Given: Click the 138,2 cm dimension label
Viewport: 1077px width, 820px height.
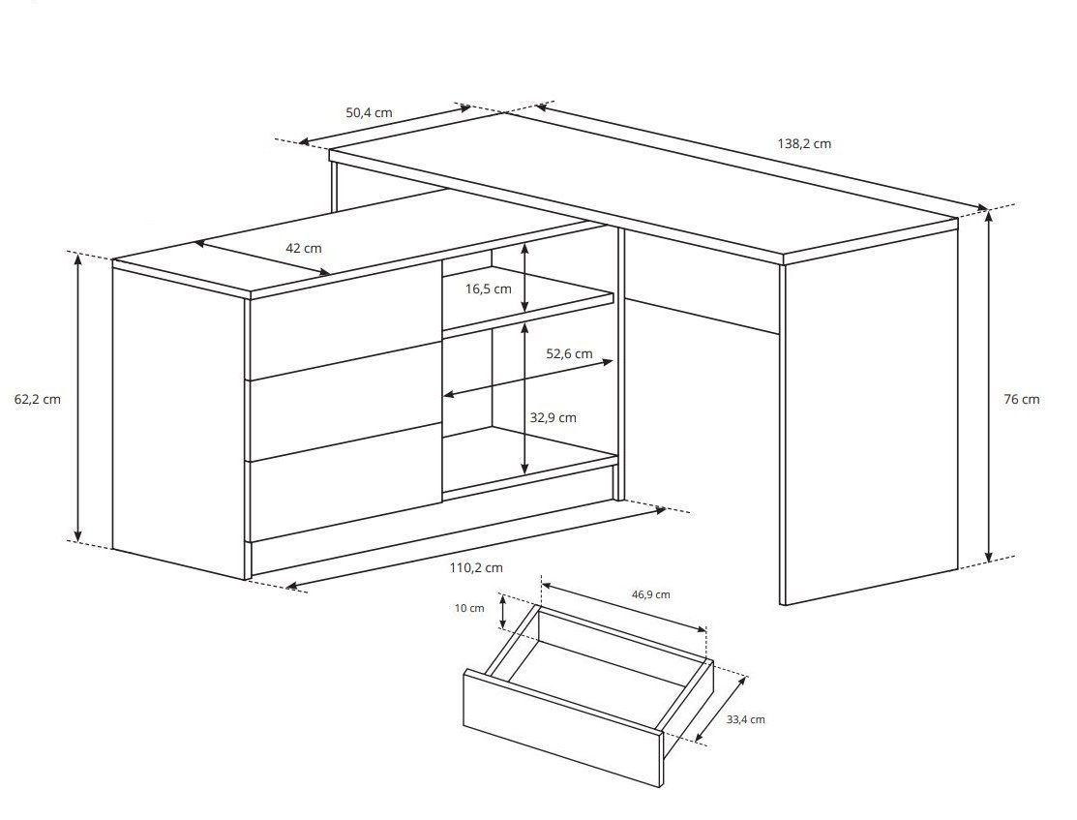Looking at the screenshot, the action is coord(803,143).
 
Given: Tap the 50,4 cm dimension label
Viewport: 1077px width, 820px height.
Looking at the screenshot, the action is coord(369,112).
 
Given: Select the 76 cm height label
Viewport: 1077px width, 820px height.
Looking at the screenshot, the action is coord(1022,399).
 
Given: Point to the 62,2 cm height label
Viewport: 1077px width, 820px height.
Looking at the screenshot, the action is coord(37,399).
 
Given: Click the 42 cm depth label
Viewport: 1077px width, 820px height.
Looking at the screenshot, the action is coord(303,248).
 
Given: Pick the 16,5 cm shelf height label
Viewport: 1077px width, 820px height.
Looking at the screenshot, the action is coord(489,289).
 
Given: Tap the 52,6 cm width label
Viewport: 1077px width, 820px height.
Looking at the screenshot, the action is coord(569,354).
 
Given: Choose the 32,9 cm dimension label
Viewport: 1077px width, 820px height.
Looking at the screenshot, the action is coord(553,417).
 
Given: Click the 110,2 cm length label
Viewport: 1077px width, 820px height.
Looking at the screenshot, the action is coord(476,567).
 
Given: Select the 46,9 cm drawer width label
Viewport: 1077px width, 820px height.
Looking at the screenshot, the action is coord(649,594).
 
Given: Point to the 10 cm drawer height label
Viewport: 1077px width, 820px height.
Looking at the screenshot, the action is coord(469,608).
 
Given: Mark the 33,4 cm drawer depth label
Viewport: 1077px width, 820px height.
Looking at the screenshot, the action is coord(745,719).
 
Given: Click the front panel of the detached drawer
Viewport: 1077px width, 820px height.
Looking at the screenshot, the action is coord(563,728).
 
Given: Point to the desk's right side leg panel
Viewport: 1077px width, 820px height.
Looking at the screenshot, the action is coord(870,413).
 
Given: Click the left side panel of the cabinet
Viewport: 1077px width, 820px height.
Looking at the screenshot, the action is coord(179,420).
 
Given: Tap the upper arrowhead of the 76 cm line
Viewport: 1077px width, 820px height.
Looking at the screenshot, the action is coord(988,216).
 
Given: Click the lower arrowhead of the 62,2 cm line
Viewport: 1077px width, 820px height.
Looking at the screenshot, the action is coord(78,534).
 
